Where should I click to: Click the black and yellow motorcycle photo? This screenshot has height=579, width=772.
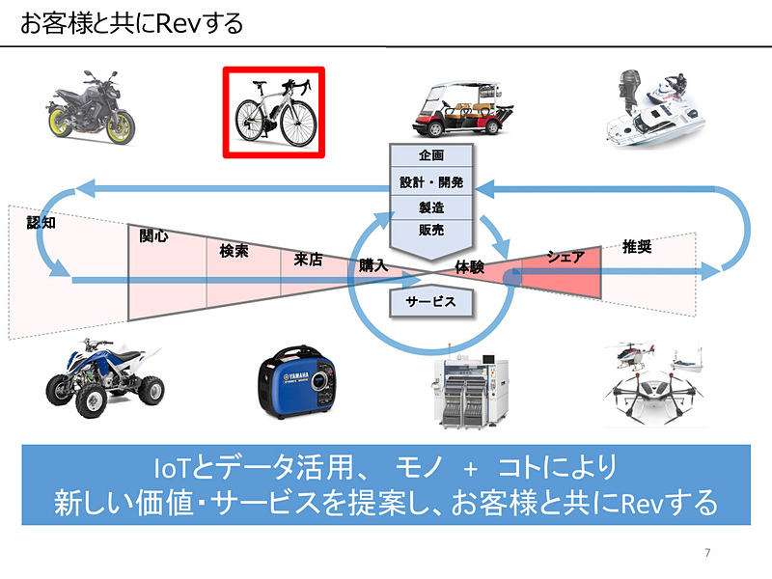coord(91,108)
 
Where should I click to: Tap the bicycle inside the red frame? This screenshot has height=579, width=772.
coord(274,112)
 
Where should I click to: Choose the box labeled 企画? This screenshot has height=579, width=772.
coord(431,155)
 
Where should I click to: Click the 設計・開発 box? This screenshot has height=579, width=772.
coord(431,181)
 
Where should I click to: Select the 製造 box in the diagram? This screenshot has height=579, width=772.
coord(431,206)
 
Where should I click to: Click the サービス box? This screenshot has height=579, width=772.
coord(430,301)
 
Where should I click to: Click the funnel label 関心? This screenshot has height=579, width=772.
coord(152,235)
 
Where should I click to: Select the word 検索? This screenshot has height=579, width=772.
coord(234,251)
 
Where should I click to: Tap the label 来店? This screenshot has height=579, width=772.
coord(307,259)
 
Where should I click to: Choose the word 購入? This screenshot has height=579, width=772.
coord(372,264)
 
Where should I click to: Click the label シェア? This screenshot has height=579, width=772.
coord(565,257)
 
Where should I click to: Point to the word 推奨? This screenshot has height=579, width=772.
coord(637,246)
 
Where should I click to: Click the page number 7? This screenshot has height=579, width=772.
coord(707,553)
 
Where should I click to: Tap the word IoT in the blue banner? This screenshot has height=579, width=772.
coord(171,467)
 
